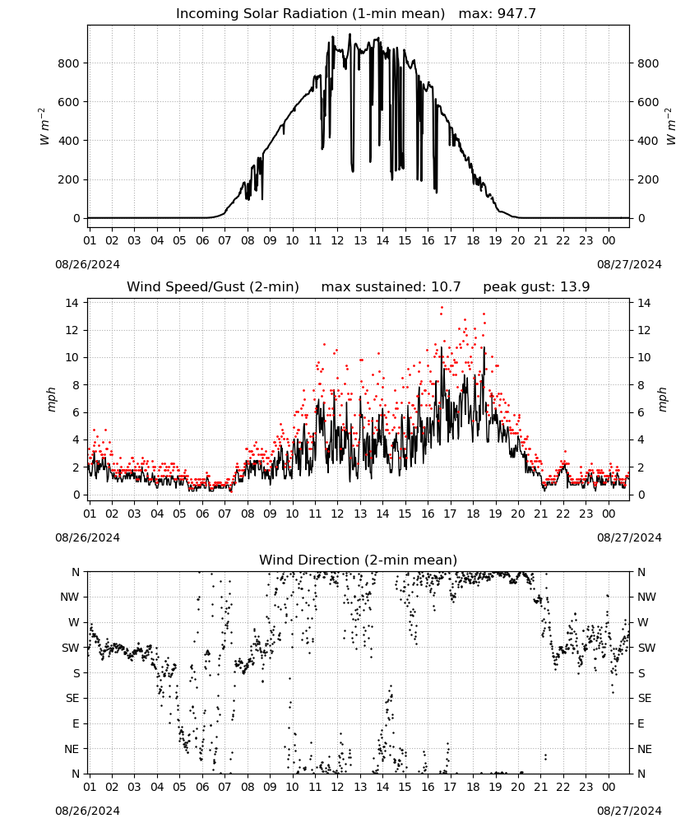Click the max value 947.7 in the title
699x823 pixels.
pyautogui.click(x=517, y=13)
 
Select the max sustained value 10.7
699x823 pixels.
pyautogui.click(x=446, y=286)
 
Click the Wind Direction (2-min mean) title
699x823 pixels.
pyautogui.click(x=359, y=560)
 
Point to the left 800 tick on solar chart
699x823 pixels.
pyautogui.click(x=69, y=63)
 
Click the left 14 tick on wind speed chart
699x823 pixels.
pyautogui.click(x=72, y=303)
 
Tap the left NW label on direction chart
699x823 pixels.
pyautogui.click(x=70, y=597)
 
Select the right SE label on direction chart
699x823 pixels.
pyautogui.click(x=645, y=698)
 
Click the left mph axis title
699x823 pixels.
pyautogui.click(x=51, y=399)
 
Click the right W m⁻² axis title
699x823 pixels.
pyautogui.click(x=671, y=127)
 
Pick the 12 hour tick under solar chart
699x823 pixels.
pyautogui.click(x=337, y=240)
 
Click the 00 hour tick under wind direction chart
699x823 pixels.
pyautogui.click(x=609, y=787)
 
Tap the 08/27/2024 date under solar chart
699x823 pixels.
pyautogui.click(x=629, y=264)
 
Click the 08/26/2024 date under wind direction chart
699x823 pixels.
pyautogui.click(x=87, y=811)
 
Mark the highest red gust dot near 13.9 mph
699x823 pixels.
pyautogui.click(x=442, y=308)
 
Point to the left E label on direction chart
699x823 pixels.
pyautogui.click(x=76, y=723)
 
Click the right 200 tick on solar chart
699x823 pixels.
pyautogui.click(x=648, y=179)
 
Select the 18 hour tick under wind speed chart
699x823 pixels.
pyautogui.click(x=473, y=514)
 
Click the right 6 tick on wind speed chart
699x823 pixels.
pyautogui.click(x=641, y=412)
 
